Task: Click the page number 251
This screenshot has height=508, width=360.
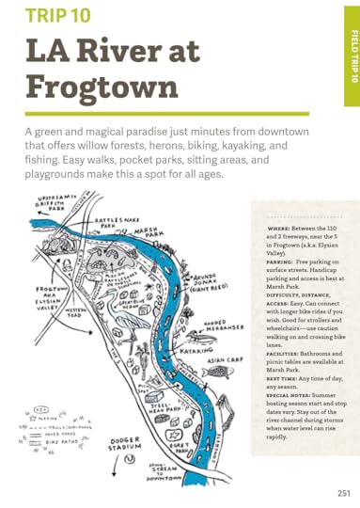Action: point(344,492)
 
